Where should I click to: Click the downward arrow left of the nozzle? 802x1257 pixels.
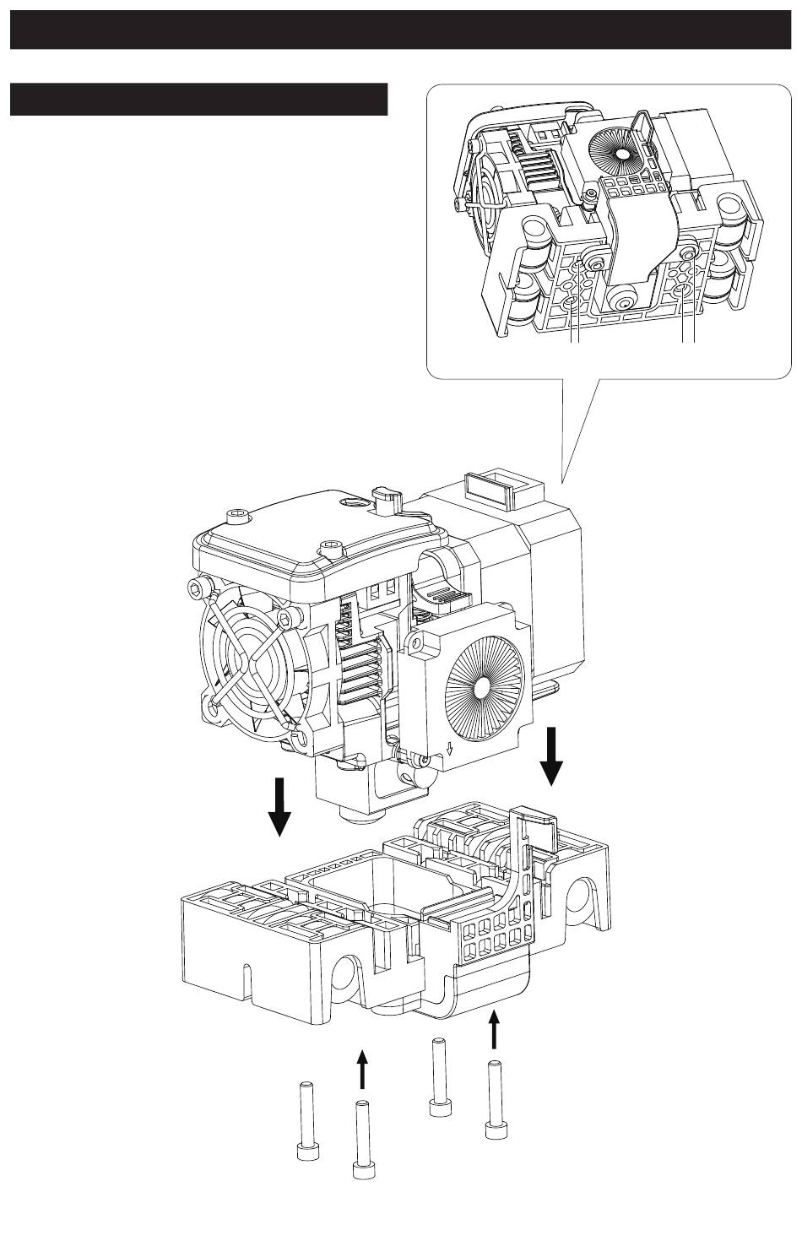tap(279, 805)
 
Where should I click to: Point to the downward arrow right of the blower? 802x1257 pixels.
tap(553, 754)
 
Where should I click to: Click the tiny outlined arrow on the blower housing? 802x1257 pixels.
tap(450, 748)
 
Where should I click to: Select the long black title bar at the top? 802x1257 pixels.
tap(401, 29)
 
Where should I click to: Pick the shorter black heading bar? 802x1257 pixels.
tap(198, 99)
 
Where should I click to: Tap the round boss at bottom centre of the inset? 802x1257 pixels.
tap(626, 301)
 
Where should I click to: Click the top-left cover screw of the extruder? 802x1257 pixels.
tap(236, 515)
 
